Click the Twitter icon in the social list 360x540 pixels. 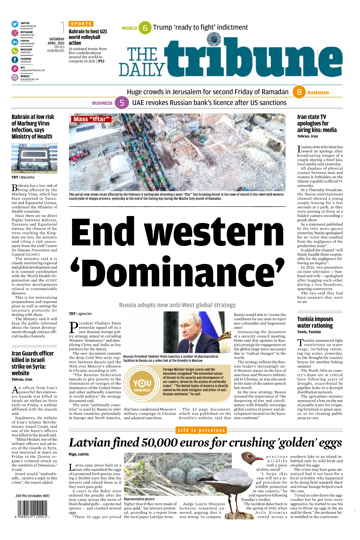coord(15,24)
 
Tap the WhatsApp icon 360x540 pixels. coord(15,51)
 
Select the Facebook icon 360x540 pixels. coord(15,60)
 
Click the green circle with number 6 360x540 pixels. coord(145,28)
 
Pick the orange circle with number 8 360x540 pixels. coord(299,92)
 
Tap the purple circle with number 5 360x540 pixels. coord(122,103)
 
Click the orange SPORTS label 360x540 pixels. coord(81,24)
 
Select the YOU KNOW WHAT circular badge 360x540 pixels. coord(142,384)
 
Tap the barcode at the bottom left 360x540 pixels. coord(32,510)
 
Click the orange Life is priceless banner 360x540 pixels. coord(201,430)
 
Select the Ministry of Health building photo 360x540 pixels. coord(34,158)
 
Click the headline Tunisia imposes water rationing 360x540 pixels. coord(315,322)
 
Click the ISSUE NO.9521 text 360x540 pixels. coord(56,51)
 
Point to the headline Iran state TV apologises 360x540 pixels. coord(317,123)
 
